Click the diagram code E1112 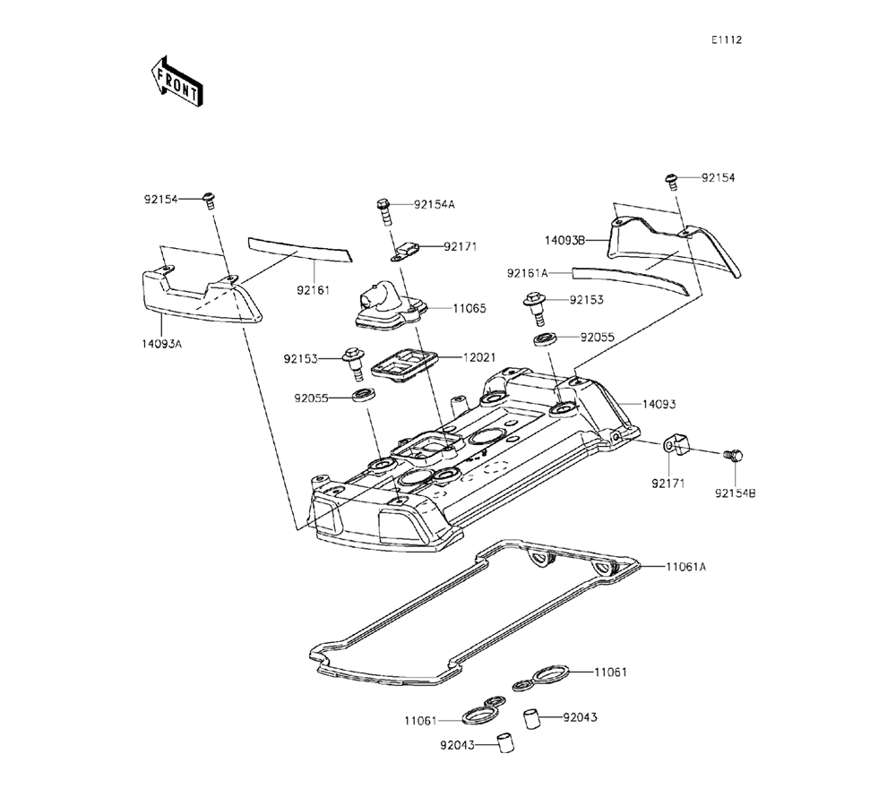tap(727, 40)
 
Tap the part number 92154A tap(435, 204)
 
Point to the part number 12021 tap(479, 356)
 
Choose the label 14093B tap(564, 240)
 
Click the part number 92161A tap(527, 271)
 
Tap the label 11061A tap(685, 567)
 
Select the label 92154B tap(736, 492)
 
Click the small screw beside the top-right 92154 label tap(671, 181)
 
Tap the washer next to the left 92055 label tap(363, 396)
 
